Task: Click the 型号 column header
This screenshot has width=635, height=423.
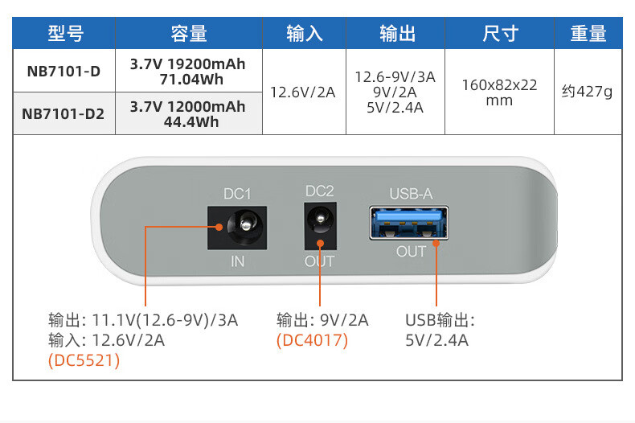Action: click(65, 33)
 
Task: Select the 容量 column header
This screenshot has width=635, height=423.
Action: click(189, 33)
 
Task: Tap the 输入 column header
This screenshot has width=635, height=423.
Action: click(304, 33)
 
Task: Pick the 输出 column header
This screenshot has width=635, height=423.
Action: click(398, 33)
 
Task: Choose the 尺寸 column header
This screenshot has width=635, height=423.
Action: click(499, 33)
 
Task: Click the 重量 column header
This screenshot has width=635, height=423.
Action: click(588, 33)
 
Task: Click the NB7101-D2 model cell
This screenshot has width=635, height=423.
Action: click(63, 114)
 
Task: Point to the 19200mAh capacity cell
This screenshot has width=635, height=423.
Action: click(188, 71)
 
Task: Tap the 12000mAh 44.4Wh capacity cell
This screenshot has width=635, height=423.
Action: click(188, 114)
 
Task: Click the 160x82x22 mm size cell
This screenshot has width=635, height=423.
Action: click(499, 92)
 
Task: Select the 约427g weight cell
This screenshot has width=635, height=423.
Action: click(587, 92)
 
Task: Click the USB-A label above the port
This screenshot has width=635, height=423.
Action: click(411, 194)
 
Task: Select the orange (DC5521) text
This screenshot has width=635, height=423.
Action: click(84, 360)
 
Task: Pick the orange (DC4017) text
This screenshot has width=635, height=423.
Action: click(312, 340)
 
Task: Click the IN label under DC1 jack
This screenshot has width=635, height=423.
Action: click(237, 261)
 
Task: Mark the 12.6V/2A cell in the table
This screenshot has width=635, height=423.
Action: click(303, 92)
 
